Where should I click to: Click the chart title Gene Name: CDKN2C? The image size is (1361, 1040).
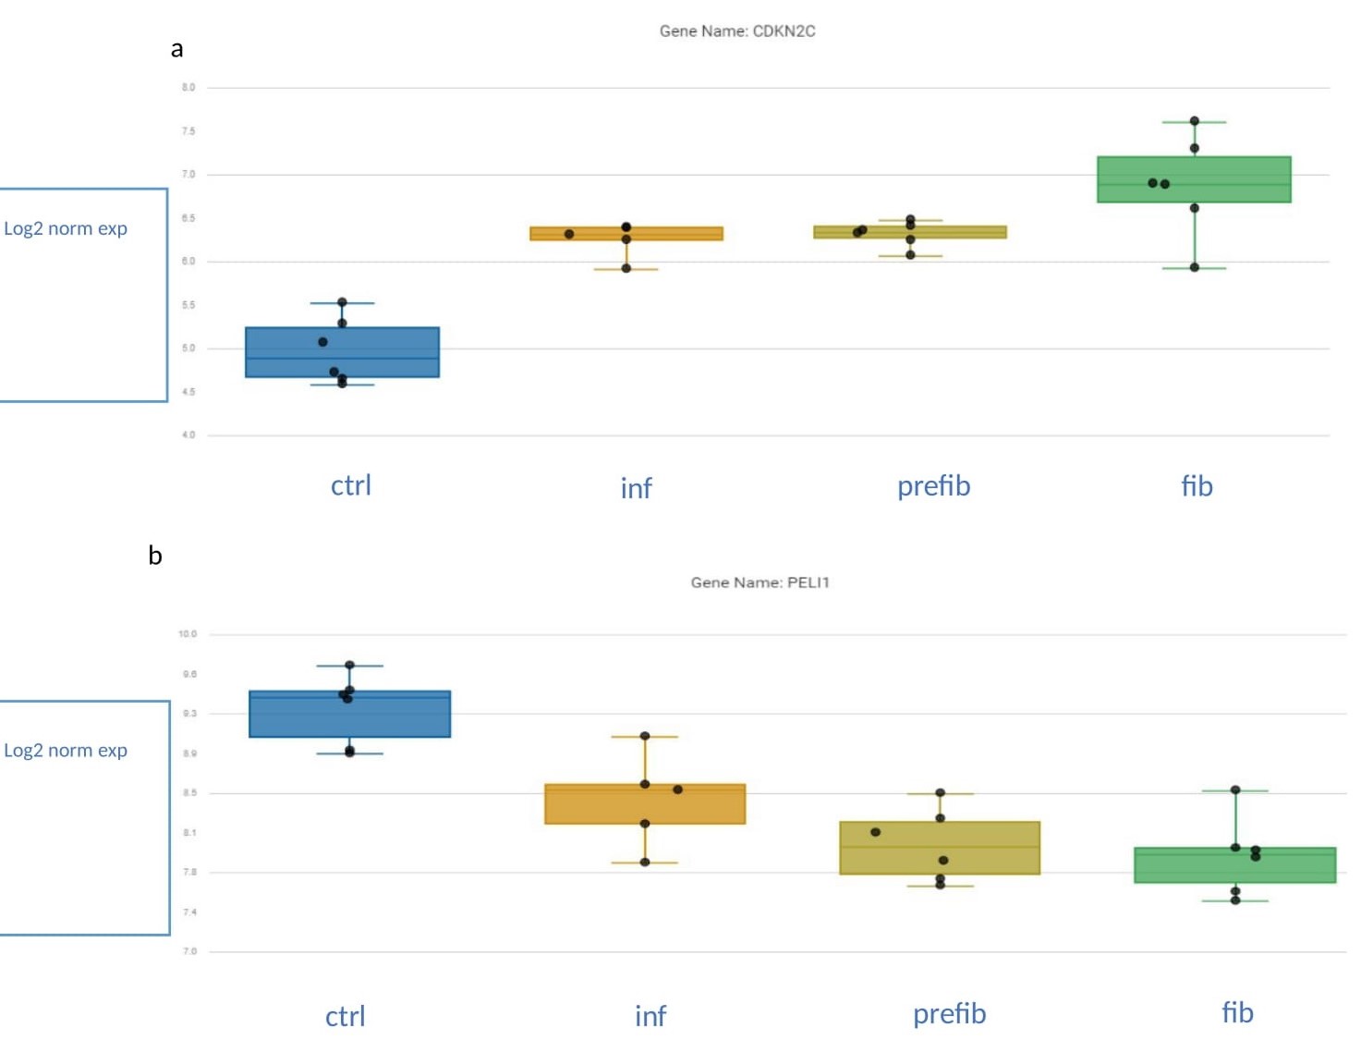click(737, 31)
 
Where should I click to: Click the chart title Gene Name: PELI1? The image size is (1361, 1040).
click(759, 582)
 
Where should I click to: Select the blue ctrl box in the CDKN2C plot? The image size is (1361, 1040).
click(342, 352)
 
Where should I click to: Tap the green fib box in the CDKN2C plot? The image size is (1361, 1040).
click(1194, 179)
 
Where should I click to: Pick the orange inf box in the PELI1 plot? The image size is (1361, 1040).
click(645, 804)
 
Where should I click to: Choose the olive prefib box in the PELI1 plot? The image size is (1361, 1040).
click(940, 848)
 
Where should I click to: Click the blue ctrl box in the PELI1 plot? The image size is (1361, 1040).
click(349, 715)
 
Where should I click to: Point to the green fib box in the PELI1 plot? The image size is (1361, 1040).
click(1235, 865)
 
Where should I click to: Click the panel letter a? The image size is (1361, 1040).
click(176, 49)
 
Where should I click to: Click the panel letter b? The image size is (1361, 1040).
click(155, 556)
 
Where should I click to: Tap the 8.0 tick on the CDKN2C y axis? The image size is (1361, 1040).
click(188, 88)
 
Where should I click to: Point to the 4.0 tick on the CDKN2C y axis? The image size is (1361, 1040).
click(188, 434)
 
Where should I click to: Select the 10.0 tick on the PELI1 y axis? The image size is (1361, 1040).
click(188, 634)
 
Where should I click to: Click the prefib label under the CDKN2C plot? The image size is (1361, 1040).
click(933, 486)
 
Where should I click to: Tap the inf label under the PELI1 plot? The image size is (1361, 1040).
click(650, 1016)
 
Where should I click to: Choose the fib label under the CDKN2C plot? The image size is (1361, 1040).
click(1197, 486)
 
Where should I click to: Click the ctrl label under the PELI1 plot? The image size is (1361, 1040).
click(346, 1017)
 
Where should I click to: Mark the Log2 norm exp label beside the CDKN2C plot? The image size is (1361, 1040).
click(66, 228)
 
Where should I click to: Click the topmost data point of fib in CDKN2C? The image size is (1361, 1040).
click(1195, 121)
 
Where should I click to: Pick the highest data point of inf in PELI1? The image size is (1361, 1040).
click(645, 736)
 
